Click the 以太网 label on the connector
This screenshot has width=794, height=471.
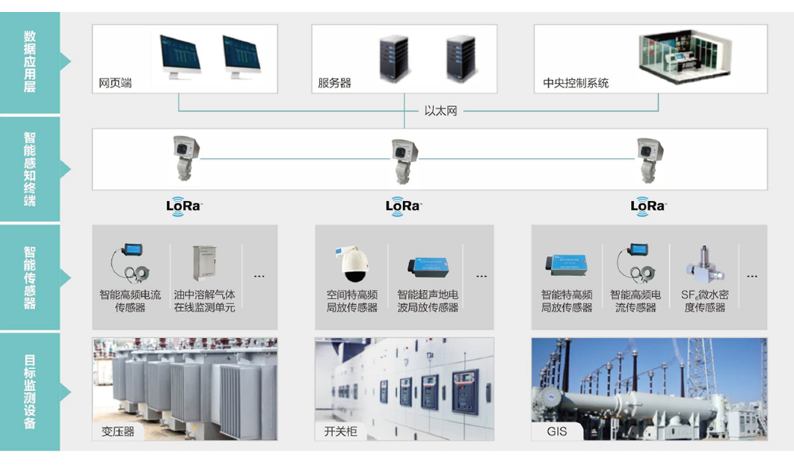click(440, 111)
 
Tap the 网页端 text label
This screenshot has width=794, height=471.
click(115, 82)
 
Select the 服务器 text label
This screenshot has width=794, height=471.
click(334, 82)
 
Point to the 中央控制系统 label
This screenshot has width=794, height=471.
click(576, 82)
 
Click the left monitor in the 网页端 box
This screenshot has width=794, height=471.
click(180, 57)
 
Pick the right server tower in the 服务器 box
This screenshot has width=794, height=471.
click(461, 58)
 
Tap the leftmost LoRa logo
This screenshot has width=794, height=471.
click(184, 206)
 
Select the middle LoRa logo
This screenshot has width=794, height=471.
click(404, 206)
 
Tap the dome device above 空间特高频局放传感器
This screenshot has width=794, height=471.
click(351, 262)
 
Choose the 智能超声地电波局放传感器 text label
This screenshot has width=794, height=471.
click(428, 301)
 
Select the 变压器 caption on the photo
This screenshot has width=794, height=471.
click(118, 431)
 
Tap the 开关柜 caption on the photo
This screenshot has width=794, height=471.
click(340, 431)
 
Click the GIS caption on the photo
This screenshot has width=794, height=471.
click(557, 431)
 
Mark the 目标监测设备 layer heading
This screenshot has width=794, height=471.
click(30, 391)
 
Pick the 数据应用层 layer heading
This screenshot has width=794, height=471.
click(30, 61)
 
